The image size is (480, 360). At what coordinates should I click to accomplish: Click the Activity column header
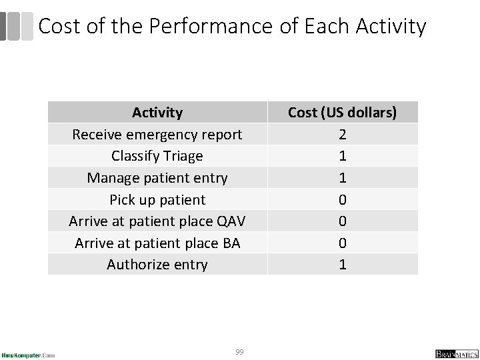pos(157,113)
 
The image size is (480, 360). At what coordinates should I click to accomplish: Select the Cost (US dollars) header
pos(342,113)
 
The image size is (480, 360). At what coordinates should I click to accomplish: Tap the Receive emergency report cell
pos(157,135)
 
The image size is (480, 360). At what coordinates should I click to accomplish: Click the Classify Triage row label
pos(157,156)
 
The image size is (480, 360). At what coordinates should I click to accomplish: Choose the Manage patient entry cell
pos(157,178)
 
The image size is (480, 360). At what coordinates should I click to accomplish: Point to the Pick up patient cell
pos(157,199)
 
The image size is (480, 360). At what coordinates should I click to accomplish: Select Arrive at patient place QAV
pos(157,221)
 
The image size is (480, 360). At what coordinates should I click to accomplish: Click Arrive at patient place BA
pos(157,243)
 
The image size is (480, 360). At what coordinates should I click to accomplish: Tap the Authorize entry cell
pos(157,265)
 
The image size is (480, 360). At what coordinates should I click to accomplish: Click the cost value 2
pos(342,135)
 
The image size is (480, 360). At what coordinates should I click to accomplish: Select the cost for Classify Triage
pos(342,156)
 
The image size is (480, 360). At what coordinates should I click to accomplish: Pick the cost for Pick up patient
pos(342,199)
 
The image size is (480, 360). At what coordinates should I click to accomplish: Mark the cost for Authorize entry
pos(342,265)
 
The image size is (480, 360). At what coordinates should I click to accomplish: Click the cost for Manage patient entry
pos(342,178)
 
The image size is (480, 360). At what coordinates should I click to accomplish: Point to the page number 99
pos(239,351)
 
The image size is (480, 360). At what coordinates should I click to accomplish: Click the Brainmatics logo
pos(453,353)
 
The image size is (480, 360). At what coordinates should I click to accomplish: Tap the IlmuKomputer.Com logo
pos(28,354)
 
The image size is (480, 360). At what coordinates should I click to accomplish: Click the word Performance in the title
pos(210,27)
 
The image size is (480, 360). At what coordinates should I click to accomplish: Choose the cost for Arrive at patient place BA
pos(342,243)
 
